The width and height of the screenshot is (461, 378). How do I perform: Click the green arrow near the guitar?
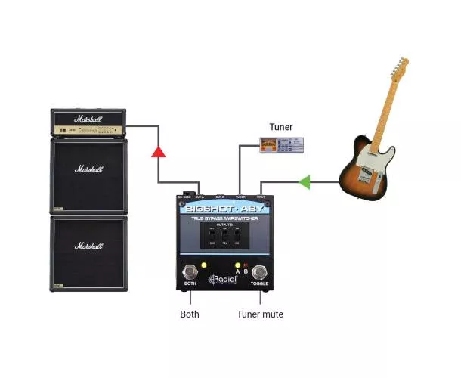304,181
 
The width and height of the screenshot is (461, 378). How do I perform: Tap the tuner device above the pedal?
281,146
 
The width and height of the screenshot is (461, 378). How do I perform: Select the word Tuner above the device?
280,127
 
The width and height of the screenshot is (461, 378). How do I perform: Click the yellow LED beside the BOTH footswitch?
203,265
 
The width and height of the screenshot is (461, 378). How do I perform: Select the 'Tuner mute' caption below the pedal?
260,314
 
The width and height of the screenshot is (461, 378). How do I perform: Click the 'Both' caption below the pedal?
190,314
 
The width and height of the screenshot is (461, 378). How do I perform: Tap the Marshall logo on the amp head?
88,119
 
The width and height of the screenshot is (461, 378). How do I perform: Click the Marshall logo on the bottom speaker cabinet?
88,247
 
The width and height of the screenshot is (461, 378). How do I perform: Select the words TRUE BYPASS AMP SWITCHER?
224,218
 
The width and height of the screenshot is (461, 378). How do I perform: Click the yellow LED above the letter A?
238,265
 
